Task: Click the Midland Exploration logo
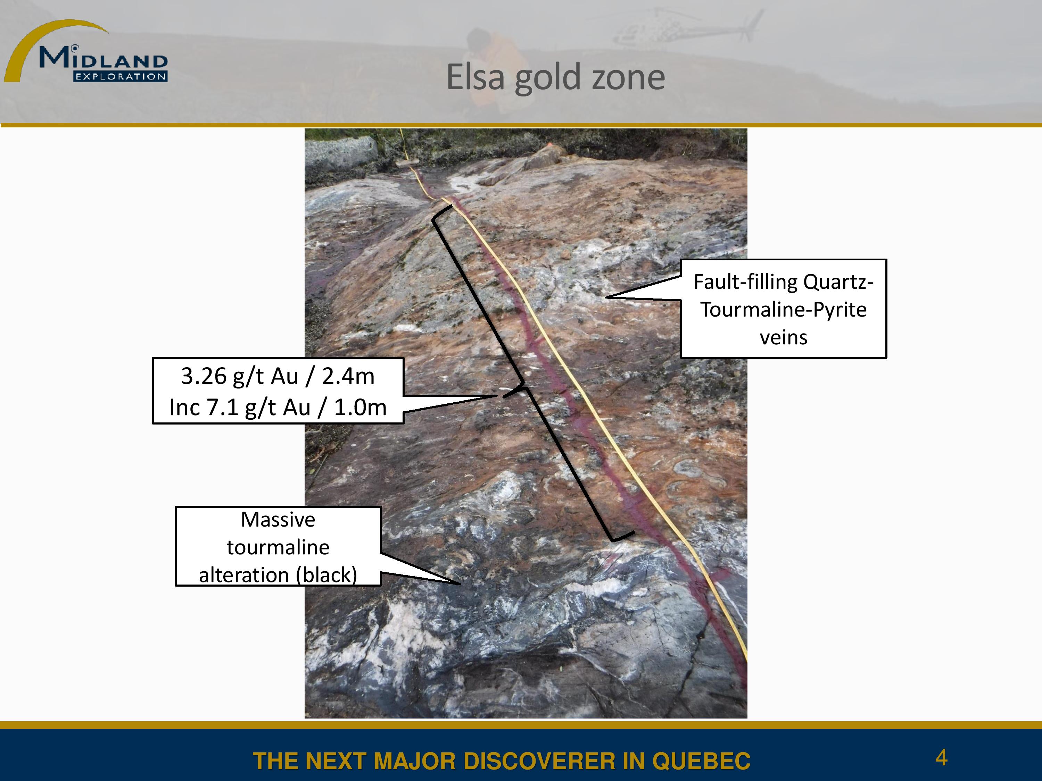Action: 86,51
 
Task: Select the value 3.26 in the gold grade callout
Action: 204,376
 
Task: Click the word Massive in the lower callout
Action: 278,520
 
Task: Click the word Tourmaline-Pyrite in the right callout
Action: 783,310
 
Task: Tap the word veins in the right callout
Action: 783,337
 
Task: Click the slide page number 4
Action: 941,757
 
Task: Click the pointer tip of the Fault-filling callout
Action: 606,297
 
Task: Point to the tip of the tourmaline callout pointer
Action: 460,584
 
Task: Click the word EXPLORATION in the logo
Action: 121,77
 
